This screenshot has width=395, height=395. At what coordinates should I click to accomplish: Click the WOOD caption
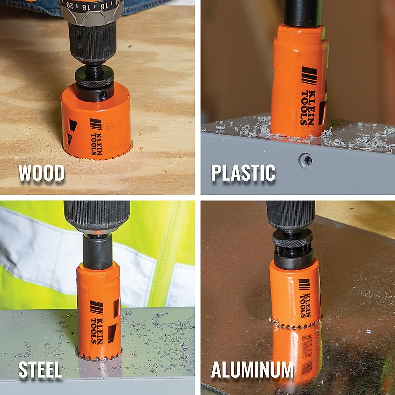point(41,173)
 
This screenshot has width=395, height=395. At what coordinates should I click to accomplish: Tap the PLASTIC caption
point(243,173)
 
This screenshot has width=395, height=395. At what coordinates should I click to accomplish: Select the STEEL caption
point(40,370)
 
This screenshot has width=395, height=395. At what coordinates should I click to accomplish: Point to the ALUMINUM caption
point(252,370)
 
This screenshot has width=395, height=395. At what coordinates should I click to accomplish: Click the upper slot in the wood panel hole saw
point(71,125)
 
